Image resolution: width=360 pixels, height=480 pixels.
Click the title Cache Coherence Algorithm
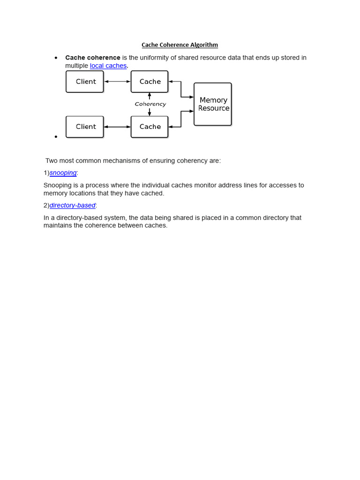[x=180, y=45]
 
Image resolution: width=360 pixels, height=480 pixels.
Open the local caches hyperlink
[x=108, y=66]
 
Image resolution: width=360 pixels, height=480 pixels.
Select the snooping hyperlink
[x=63, y=172]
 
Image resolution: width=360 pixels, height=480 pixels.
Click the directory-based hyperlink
[x=73, y=205]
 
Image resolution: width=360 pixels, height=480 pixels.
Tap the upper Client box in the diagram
[x=85, y=82]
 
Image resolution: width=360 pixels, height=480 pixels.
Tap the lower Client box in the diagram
[x=85, y=127]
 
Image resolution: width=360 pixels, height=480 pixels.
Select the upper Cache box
[x=150, y=82]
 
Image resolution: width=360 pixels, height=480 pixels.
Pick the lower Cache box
[x=150, y=127]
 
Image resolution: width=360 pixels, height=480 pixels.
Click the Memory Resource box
[x=213, y=104]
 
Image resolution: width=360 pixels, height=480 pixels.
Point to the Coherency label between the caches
[x=150, y=104]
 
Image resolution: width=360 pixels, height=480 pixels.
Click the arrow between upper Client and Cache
[x=117, y=82]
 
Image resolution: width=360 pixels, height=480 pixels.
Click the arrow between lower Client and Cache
[x=117, y=127]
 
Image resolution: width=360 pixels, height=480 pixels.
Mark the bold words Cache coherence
[x=93, y=58]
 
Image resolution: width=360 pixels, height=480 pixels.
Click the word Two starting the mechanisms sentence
[x=52, y=161]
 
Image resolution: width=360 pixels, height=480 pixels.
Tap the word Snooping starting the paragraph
[x=57, y=185]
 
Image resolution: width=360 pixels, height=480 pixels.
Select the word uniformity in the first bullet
[x=158, y=58]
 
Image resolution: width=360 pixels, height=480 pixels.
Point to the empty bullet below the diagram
[x=56, y=136]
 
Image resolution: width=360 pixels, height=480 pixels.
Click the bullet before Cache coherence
[x=56, y=58]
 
